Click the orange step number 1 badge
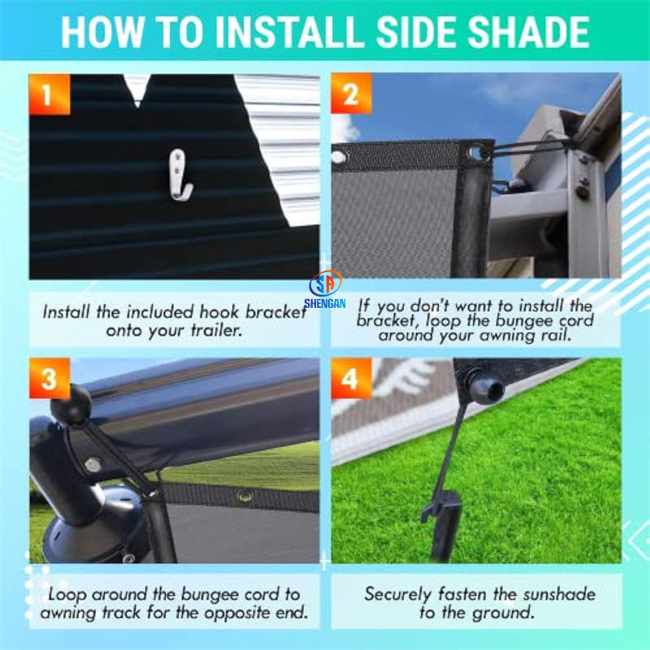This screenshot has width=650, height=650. (50, 94)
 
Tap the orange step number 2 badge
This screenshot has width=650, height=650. (351, 93)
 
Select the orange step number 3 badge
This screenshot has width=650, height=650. (50, 378)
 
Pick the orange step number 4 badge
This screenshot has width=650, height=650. (351, 378)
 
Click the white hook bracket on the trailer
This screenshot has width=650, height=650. (180, 175)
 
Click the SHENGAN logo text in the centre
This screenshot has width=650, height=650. (324, 303)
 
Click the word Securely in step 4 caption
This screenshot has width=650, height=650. (397, 595)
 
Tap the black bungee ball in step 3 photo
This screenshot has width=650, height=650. (71, 404)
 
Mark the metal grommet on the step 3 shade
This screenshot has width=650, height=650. (244, 496)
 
